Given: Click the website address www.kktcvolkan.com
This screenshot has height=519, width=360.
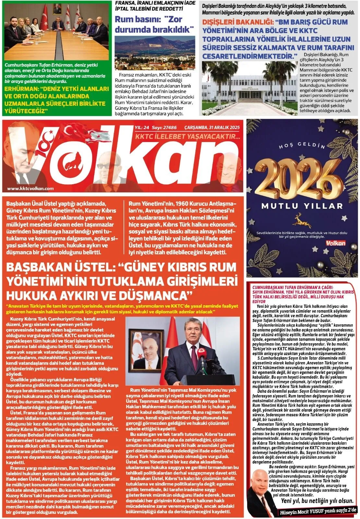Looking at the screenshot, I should (x=30, y=188).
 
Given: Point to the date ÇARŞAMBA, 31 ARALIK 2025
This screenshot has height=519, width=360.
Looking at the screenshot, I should (x=212, y=127).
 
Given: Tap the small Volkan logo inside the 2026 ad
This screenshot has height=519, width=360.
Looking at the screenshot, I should (x=335, y=243).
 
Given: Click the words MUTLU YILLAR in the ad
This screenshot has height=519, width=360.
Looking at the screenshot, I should (x=302, y=206).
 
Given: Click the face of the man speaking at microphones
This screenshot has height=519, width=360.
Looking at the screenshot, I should (x=190, y=333).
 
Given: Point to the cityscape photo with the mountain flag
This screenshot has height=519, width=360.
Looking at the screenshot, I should (x=155, y=52).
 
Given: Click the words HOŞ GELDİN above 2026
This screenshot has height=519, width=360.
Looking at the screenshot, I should (x=302, y=146).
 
